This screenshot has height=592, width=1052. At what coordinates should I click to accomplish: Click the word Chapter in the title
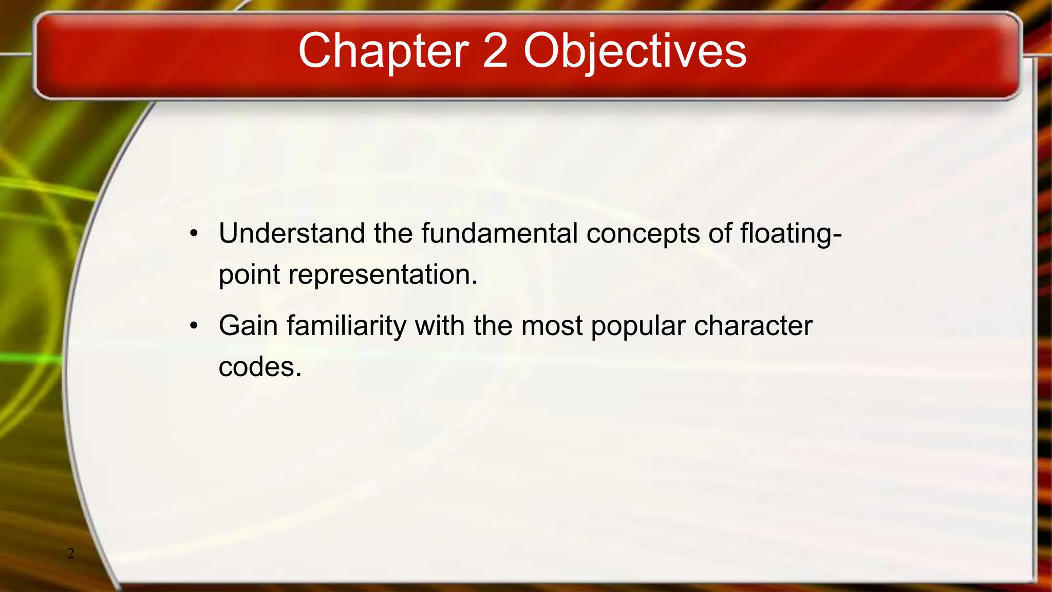[383, 51]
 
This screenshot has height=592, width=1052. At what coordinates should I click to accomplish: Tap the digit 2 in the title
[495, 51]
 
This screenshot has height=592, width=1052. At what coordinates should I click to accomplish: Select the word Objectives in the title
[635, 51]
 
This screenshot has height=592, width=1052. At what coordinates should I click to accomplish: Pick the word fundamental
[499, 233]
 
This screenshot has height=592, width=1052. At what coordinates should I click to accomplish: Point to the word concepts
[643, 234]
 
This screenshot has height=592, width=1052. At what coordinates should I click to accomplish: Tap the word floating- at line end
[791, 234]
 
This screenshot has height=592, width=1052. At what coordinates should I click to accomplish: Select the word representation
[383, 275]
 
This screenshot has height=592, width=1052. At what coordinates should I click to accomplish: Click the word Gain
[248, 326]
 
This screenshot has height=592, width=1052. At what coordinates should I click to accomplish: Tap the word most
[552, 326]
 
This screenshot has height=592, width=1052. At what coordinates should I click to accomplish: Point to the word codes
[260, 367]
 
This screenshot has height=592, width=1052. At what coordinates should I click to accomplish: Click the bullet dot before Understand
[194, 234]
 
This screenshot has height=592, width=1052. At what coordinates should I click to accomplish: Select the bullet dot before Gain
[194, 326]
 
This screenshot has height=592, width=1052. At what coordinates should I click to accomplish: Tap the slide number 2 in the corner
[71, 553]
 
